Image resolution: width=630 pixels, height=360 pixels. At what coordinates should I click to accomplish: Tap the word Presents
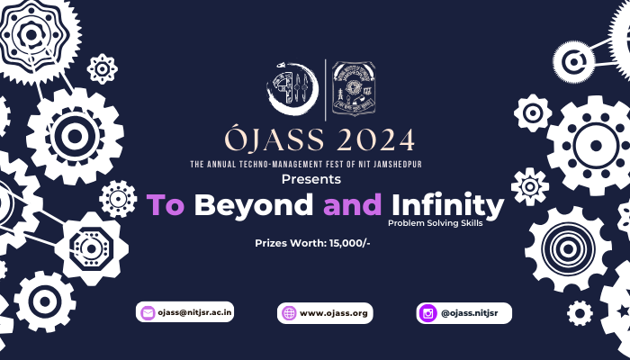(x=314, y=180)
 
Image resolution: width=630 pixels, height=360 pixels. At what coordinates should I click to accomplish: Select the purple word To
(x=166, y=205)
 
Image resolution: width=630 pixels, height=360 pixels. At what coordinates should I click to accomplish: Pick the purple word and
(x=353, y=205)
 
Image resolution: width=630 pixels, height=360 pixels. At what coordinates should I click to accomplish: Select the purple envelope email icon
(x=147, y=313)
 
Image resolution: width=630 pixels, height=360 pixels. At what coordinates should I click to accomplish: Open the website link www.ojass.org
(x=334, y=313)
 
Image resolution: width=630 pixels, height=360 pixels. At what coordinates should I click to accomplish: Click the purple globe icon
(x=289, y=313)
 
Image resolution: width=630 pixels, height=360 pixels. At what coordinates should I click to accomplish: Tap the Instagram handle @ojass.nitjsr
(x=473, y=313)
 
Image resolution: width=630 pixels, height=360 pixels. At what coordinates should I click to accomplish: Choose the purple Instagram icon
(x=427, y=313)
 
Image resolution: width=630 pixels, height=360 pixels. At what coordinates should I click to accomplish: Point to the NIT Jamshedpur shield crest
(x=352, y=91)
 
